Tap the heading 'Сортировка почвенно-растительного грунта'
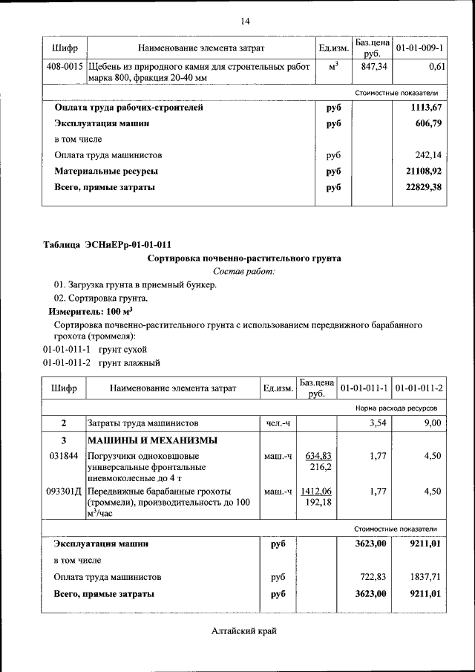pyautogui.click(x=244, y=258)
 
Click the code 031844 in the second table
pyautogui.click(x=62, y=456)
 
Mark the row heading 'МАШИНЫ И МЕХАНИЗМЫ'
pyautogui.click(x=141, y=440)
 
